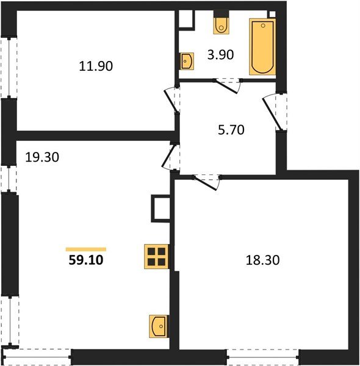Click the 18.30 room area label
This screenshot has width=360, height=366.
259,259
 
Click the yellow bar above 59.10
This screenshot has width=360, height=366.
85,249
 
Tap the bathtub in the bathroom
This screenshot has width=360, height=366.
262,46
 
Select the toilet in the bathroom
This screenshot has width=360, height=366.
220,25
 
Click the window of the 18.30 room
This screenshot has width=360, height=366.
262,357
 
